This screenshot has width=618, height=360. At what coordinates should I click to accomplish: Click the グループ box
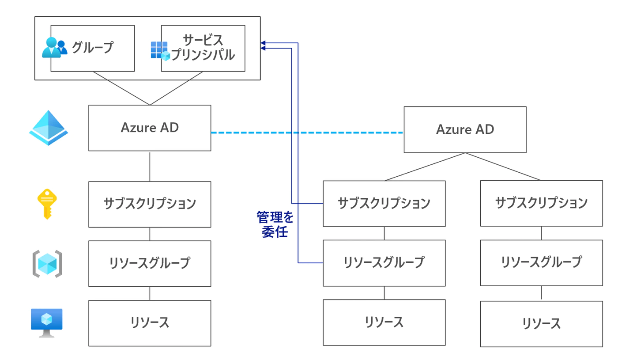pos(93,48)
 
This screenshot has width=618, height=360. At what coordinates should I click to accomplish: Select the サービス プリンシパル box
pos(203,48)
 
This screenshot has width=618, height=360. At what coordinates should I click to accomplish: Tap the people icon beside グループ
pos(54,48)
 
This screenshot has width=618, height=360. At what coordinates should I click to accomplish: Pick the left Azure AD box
pos(150,128)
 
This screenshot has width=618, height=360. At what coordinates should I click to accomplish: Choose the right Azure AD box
pos(465,129)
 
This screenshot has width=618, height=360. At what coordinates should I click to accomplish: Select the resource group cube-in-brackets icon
pos(47,264)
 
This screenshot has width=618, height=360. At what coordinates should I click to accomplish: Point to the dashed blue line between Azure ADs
pos(307,133)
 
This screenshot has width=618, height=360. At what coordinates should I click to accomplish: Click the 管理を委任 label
pos(275,225)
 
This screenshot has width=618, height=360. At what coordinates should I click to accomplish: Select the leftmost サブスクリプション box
pos(150,204)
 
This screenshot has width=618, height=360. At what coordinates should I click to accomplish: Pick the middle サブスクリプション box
pos(384,204)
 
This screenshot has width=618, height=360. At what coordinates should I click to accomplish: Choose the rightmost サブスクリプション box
pos(541,203)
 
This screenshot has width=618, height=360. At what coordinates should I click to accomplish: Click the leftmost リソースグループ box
pos(150,264)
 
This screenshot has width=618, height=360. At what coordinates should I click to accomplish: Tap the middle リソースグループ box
pos(384,263)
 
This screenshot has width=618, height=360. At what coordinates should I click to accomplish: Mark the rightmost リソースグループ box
pos(541,263)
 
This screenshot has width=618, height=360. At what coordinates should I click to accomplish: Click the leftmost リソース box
pos(150,323)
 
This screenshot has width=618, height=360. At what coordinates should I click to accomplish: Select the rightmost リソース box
pos(541,324)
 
